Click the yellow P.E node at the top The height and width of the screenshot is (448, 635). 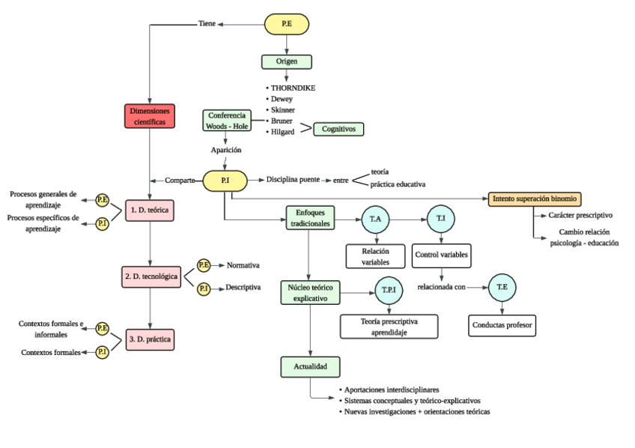click(287, 24)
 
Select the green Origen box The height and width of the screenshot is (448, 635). click(286, 61)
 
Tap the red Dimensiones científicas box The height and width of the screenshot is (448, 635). click(150, 116)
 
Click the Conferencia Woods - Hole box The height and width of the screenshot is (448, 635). click(225, 121)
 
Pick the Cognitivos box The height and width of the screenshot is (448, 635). click(338, 129)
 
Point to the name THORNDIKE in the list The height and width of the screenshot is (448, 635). click(293, 88)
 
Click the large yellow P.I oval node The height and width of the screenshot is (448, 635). click(225, 181)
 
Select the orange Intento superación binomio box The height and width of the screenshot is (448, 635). click(534, 199)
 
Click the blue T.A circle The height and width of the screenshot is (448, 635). click(376, 220)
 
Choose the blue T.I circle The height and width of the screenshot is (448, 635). click(441, 220)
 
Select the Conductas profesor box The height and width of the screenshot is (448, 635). click(502, 325)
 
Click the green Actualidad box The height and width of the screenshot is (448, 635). click(311, 367)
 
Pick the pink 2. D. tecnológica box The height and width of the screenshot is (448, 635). click(151, 276)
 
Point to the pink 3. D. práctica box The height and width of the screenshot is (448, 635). click(150, 339)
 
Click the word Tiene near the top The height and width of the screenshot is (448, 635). click(207, 23)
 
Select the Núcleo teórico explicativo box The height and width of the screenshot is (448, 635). click(311, 291)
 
